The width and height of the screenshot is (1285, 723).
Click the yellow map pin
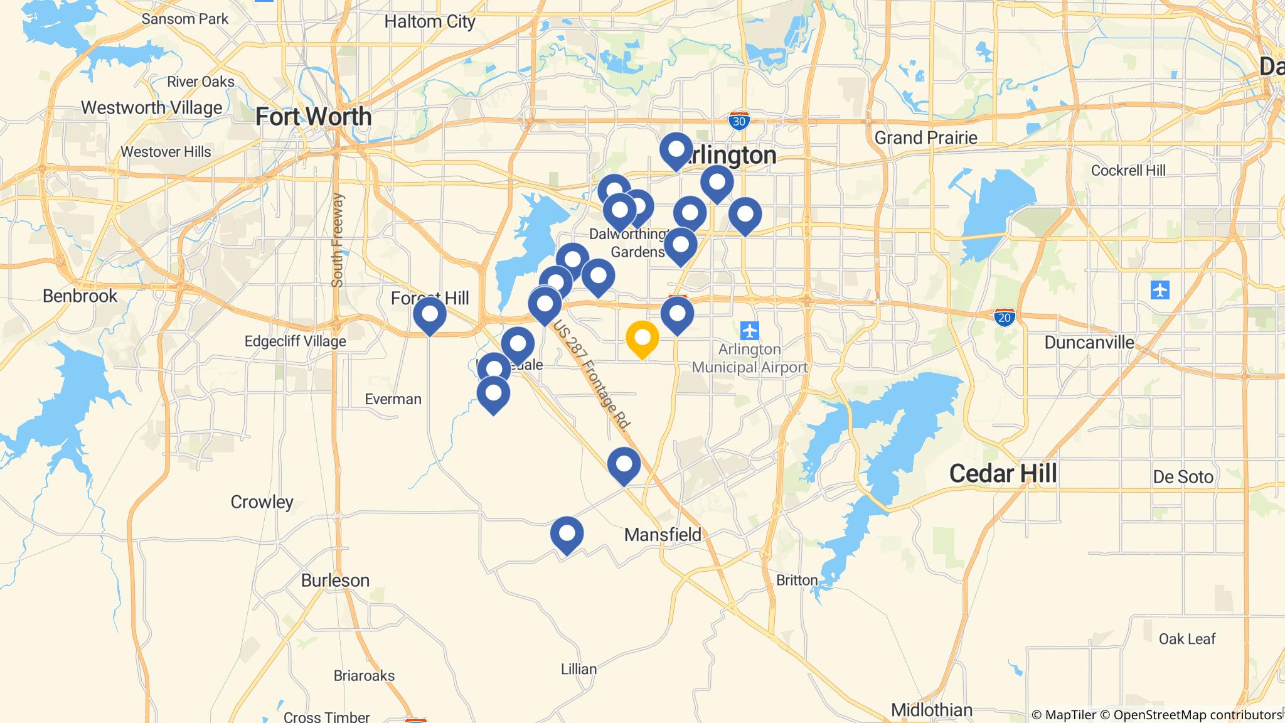click(x=642, y=339)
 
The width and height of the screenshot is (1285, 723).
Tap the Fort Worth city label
click(x=314, y=117)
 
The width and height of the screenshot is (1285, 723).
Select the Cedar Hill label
click(x=1003, y=473)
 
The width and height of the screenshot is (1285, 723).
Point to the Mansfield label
click(x=663, y=535)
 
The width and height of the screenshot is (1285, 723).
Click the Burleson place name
click(x=335, y=581)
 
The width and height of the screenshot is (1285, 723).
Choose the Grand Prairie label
click(x=925, y=137)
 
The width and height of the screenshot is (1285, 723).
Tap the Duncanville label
click(x=1089, y=342)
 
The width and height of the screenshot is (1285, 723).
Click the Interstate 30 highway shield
click(x=739, y=120)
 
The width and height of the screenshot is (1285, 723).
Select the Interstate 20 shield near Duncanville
click(x=1005, y=317)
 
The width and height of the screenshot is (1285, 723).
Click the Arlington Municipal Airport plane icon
click(x=749, y=330)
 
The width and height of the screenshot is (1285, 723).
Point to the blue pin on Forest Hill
click(x=430, y=313)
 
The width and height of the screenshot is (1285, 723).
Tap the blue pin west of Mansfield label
click(x=567, y=533)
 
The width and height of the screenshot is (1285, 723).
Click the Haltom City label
click(x=430, y=22)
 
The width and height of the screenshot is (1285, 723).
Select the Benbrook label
click(x=80, y=296)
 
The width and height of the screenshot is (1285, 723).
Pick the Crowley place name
click(x=262, y=502)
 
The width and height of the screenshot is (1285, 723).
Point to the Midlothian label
click(x=932, y=710)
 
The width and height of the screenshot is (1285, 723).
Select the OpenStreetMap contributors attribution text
click(x=1188, y=715)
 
